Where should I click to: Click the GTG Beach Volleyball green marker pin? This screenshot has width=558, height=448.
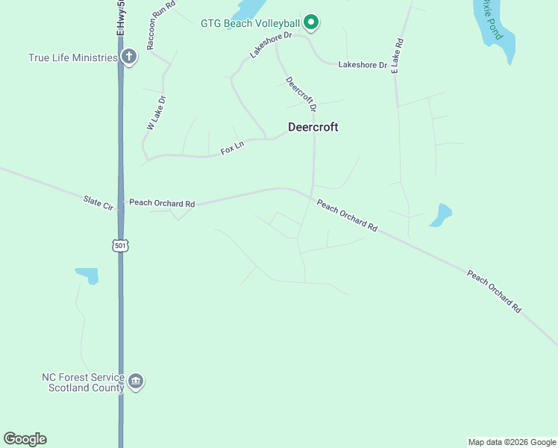point(312,23)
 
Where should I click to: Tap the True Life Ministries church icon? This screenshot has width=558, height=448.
point(129,57)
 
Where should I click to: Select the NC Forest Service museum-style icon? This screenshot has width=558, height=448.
point(135,382)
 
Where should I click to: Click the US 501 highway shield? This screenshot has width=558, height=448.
point(121,245)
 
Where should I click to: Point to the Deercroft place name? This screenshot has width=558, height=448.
point(313,127)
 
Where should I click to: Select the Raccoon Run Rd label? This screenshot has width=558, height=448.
point(160,25)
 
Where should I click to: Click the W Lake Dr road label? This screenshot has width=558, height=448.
point(156,113)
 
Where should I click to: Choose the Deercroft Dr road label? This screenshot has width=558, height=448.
point(301,95)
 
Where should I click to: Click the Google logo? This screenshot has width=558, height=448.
point(25,439)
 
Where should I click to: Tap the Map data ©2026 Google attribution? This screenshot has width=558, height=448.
point(512,442)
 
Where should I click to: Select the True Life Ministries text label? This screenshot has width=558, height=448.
point(73,57)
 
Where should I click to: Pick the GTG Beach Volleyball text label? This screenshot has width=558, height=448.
point(250,23)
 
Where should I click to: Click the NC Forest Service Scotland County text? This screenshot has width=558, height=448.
point(86,383)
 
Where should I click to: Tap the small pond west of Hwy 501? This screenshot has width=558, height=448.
point(88,276)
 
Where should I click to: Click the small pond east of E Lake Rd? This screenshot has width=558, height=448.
point(441,215)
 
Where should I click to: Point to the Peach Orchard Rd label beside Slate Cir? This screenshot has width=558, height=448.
point(162,203)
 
